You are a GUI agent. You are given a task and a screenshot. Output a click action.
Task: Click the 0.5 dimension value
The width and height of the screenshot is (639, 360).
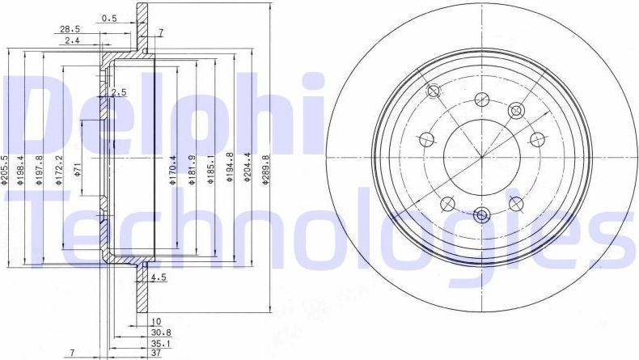pyautogui.click(x=109, y=17)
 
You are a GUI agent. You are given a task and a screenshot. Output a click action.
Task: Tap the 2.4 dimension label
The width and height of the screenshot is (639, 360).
pyautogui.click(x=72, y=40)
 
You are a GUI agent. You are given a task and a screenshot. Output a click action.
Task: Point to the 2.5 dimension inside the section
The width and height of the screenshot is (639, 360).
pyautogui.click(x=119, y=92)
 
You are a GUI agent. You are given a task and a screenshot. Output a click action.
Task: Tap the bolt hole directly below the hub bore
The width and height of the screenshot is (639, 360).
pyautogui.click(x=482, y=214)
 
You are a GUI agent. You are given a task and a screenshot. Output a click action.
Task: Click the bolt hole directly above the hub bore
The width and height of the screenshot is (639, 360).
pyautogui.click(x=482, y=98)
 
